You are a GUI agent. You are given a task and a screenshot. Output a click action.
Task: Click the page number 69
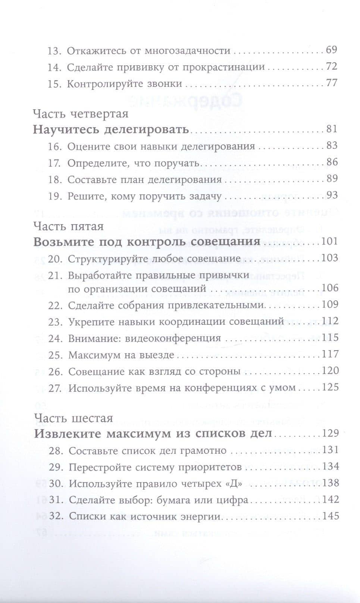pos(331,50)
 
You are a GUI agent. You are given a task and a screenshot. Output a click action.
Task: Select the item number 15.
pos(54,84)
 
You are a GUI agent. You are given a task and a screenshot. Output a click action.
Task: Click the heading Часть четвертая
pos(81,113)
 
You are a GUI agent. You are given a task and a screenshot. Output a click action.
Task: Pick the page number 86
pos(332,162)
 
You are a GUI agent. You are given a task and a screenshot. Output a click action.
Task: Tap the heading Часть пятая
pos(68,226)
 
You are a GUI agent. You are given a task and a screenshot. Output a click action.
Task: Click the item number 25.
pos(55,355)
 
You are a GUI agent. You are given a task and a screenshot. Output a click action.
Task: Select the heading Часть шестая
pos(73,418)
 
